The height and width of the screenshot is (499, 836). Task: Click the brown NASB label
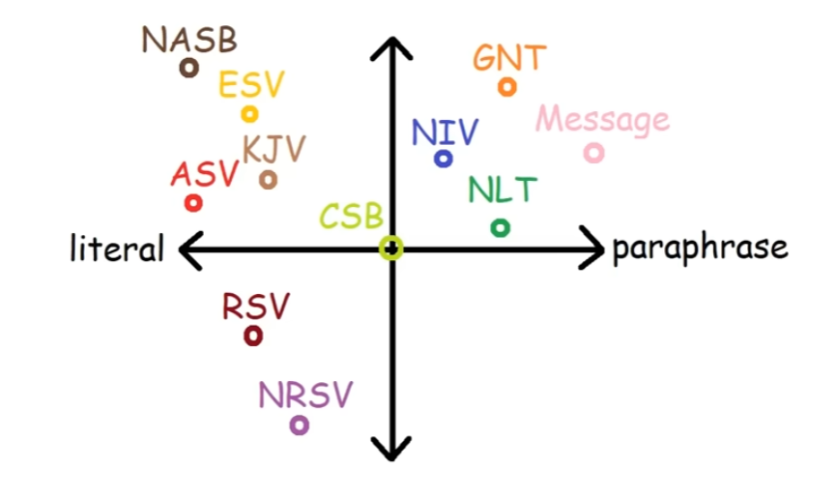tap(189, 40)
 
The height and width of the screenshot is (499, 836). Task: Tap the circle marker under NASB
tap(189, 67)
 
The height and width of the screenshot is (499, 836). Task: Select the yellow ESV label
tap(251, 85)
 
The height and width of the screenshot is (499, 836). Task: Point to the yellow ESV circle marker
tap(249, 114)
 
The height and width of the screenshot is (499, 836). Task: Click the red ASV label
tap(204, 175)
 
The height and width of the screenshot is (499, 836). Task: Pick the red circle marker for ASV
tap(193, 203)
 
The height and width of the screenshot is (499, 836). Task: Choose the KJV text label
tap(274, 150)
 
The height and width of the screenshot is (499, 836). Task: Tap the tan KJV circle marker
tap(269, 179)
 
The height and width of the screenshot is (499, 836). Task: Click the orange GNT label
tap(509, 58)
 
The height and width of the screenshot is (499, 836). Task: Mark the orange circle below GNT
tap(507, 87)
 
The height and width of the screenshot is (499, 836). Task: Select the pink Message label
tap(602, 120)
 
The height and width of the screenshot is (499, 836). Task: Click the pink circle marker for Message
tap(594, 153)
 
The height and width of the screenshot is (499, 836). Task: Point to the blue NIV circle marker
tap(444, 158)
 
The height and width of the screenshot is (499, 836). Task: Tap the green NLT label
tap(502, 191)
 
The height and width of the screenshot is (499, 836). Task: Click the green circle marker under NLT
tap(500, 227)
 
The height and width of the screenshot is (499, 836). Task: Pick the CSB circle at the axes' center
tap(391, 249)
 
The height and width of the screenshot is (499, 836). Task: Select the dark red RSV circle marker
tap(253, 336)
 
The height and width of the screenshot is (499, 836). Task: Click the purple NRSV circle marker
tap(300, 425)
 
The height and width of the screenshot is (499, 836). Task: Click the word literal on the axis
tap(117, 249)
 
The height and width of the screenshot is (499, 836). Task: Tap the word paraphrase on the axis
tap(700, 249)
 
